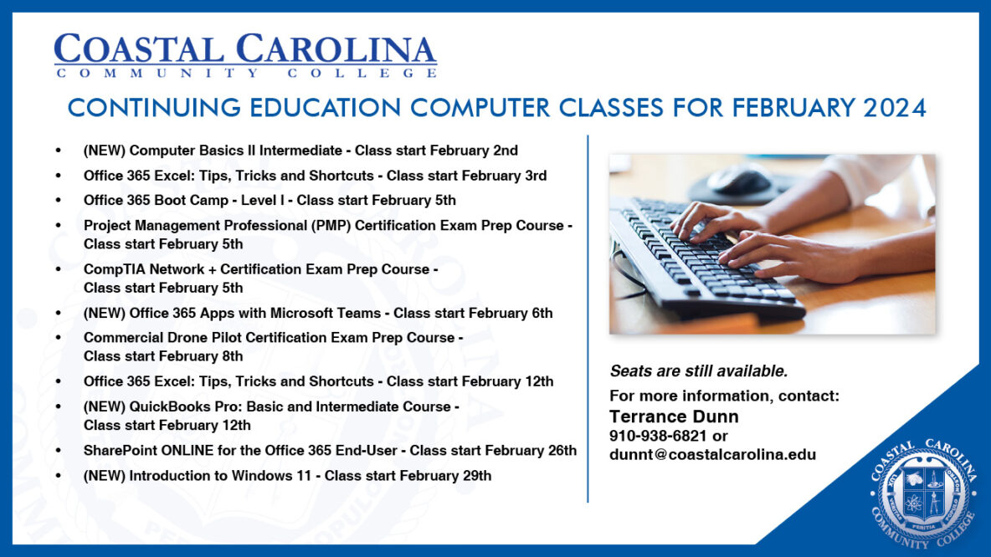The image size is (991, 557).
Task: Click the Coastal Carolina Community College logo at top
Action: tap(245, 55)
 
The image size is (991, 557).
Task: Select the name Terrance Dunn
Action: tap(674, 416)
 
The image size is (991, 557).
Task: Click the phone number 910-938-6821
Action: tap(659, 437)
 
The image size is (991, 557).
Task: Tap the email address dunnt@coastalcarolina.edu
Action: tap(712, 455)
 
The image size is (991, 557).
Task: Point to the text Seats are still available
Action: tap(698, 371)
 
